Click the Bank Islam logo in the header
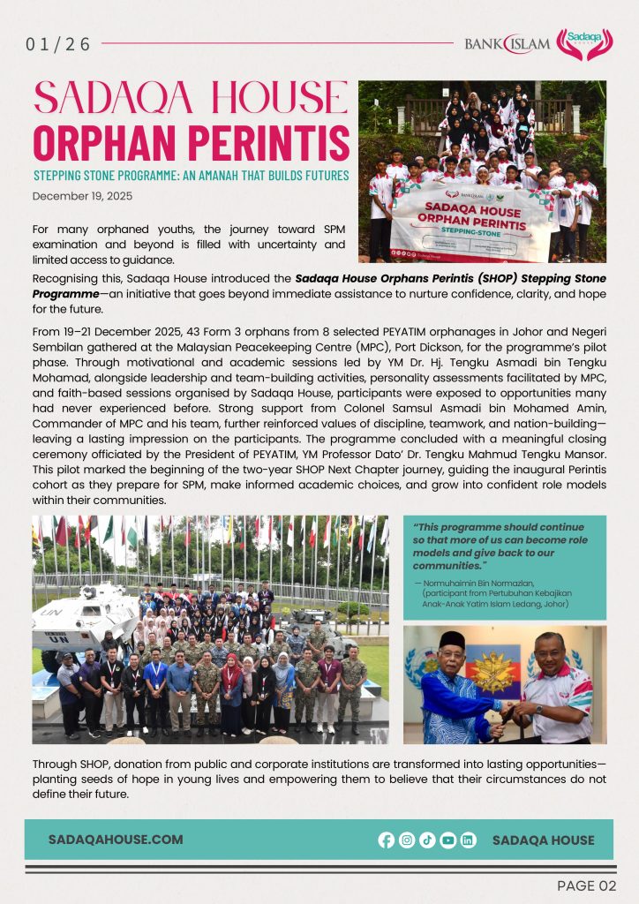point(507,43)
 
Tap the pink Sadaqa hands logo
point(583,43)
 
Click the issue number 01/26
point(58,44)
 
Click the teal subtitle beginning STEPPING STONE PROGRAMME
point(191,176)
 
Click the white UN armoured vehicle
point(81,617)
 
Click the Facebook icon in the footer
point(387,840)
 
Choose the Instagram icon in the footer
point(407,840)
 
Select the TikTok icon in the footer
point(427,840)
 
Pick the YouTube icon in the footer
point(447,840)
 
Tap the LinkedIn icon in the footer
point(468,840)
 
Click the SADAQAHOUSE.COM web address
point(116,840)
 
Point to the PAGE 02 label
point(586,885)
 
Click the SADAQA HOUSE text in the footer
point(543,840)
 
